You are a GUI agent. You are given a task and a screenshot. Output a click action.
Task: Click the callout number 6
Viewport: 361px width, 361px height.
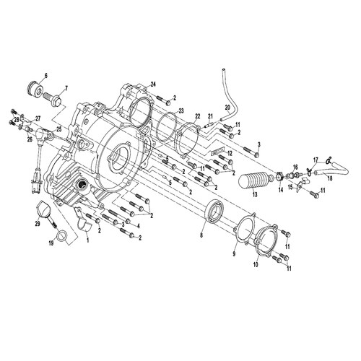click(45, 76)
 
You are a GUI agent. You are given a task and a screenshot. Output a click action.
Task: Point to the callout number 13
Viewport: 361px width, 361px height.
click(255, 194)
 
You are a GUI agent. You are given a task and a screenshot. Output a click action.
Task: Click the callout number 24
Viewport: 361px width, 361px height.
click(153, 84)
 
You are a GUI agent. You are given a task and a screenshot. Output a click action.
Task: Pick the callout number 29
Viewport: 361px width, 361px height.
click(38, 224)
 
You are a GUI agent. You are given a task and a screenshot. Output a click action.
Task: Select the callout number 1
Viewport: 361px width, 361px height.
click(88, 240)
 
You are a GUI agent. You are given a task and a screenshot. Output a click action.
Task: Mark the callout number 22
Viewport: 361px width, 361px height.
click(198, 116)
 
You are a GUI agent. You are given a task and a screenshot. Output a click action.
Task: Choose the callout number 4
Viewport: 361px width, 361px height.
click(138, 226)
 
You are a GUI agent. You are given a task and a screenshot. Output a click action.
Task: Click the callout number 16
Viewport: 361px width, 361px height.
click(295, 167)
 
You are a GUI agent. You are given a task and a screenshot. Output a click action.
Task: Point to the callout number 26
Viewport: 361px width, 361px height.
click(30, 139)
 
